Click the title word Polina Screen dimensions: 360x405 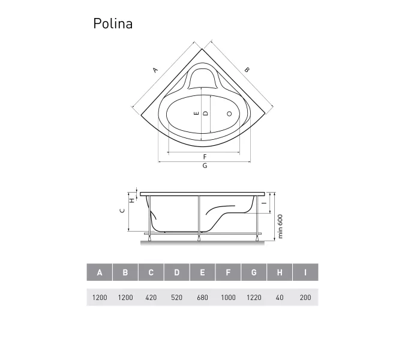point(113,23)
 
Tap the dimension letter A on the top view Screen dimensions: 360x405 point(155,70)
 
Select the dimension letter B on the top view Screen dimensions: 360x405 point(247,70)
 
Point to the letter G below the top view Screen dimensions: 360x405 point(205,166)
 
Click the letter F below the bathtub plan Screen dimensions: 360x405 point(205,157)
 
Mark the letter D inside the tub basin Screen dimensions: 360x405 point(205,113)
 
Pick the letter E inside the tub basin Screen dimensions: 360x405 point(196,113)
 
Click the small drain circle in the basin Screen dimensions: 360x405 point(229,113)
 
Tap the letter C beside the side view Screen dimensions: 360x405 point(122,210)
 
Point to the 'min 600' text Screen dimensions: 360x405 point(280,226)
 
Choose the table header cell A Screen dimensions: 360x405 point(100,272)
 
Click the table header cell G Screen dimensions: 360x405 point(254,272)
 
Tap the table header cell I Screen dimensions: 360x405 point(305,272)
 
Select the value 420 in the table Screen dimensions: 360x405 point(151,298)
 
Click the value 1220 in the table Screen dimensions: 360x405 point(254,298)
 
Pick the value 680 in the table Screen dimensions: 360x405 point(202,298)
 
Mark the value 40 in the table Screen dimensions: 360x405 point(280,298)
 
